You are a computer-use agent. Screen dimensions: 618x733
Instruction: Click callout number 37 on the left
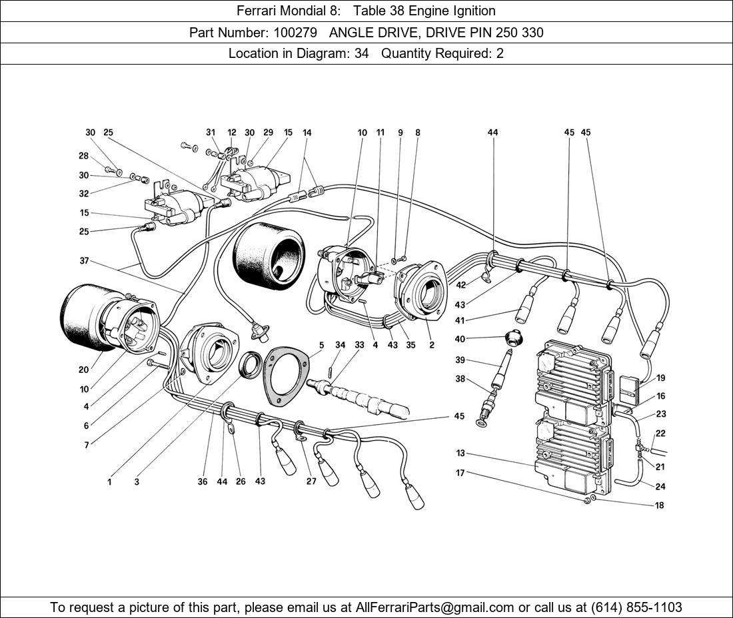pyautogui.click(x=84, y=261)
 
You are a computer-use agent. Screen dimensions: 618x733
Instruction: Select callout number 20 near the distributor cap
pyautogui.click(x=83, y=370)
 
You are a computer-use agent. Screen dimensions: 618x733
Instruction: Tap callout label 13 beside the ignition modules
pyautogui.click(x=460, y=454)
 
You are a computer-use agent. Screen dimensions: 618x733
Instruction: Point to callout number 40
pyautogui.click(x=460, y=339)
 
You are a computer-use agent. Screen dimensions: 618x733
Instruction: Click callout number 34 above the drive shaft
pyautogui.click(x=341, y=345)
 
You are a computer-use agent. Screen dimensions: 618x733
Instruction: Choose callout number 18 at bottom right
pyautogui.click(x=659, y=505)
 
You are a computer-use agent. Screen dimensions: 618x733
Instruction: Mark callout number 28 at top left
pyautogui.click(x=83, y=156)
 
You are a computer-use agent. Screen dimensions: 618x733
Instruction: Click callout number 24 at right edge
pyautogui.click(x=660, y=487)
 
